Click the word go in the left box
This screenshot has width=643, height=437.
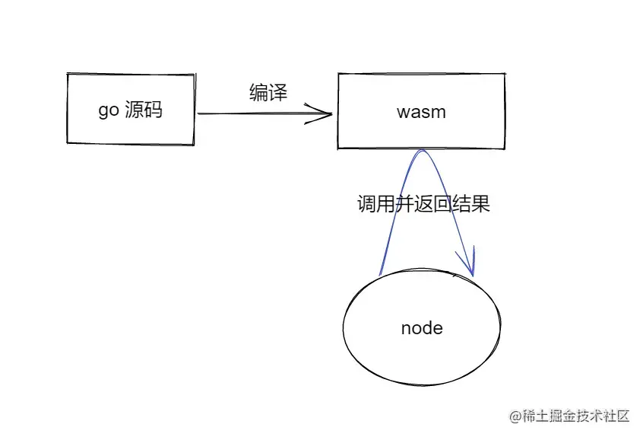point(108,111)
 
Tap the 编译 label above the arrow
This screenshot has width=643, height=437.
point(268,93)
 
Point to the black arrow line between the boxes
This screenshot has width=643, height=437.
point(258,114)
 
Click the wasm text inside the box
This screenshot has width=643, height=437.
point(421,112)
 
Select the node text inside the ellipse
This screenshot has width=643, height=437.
point(421,328)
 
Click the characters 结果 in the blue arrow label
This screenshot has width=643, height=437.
point(473,205)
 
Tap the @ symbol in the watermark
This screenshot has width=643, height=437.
point(515,416)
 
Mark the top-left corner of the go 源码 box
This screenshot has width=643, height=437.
point(68,75)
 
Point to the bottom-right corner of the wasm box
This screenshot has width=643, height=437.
point(505,148)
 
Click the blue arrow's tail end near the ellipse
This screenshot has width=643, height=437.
point(379,274)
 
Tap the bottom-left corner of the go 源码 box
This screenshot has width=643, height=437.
point(68,142)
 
